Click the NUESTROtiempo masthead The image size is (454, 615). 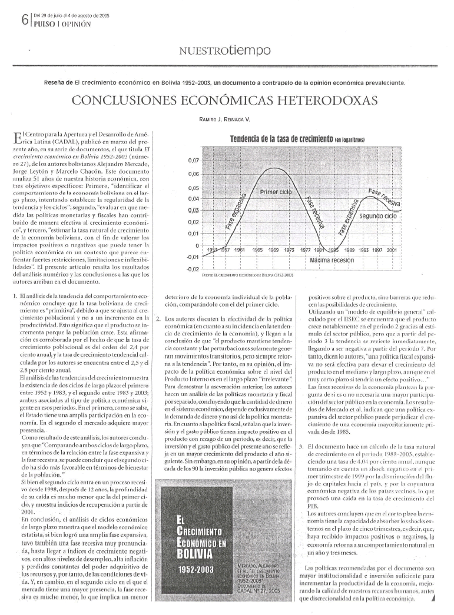[228, 52]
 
